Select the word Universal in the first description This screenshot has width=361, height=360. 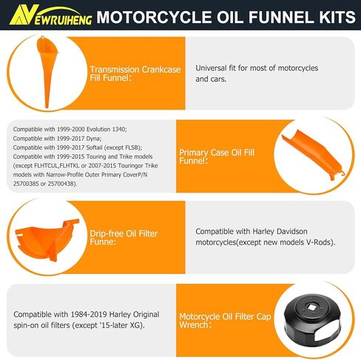coord(215,68)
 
